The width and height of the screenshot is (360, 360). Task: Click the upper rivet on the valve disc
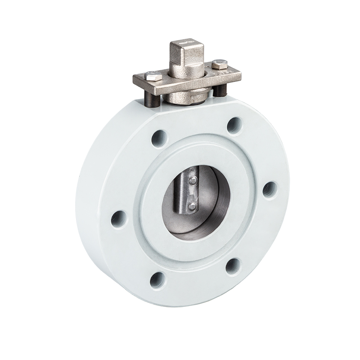[x=192, y=181]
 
